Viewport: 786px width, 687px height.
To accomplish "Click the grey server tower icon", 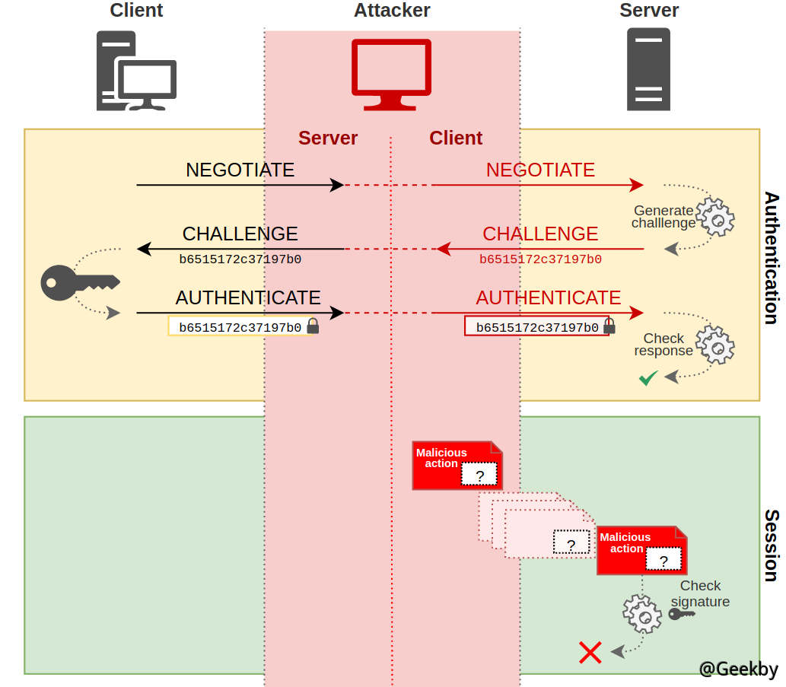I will (x=648, y=69).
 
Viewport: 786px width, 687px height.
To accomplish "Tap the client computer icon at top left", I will (x=136, y=72).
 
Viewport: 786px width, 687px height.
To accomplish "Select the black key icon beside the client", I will (x=79, y=281).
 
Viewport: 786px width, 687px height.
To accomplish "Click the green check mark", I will (x=648, y=377).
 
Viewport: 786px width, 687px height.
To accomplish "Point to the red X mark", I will (x=590, y=652).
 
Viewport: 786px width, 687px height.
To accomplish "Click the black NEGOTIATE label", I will (x=240, y=170).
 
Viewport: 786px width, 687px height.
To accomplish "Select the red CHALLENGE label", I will (x=540, y=234).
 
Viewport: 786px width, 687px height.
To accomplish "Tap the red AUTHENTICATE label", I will (x=549, y=297).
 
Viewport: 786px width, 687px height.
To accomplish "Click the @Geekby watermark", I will (x=738, y=669).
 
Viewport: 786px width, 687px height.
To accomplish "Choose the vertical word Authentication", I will (x=771, y=258).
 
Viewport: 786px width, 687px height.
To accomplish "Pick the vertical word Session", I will (x=771, y=545).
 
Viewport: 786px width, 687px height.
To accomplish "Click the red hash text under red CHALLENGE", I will (x=540, y=259).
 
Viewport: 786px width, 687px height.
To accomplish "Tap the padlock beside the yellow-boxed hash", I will (x=313, y=327).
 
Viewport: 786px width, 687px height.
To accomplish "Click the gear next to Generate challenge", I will (x=716, y=217).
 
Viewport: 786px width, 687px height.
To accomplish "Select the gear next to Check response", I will (x=716, y=345).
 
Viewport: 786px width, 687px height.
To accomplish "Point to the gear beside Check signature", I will (x=642, y=613).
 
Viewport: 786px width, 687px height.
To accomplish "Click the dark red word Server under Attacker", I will (x=328, y=138).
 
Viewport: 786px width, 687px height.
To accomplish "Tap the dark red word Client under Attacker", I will (x=456, y=138).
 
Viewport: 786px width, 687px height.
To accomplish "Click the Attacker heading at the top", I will (x=392, y=11).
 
